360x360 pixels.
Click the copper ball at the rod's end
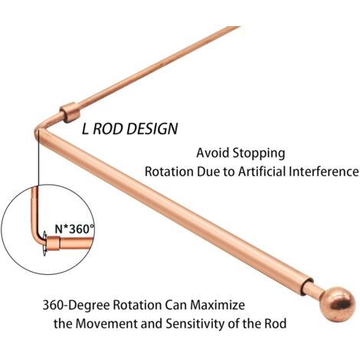tap(338, 304)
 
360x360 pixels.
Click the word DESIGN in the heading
tap(152, 129)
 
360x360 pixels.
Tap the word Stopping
tap(259, 154)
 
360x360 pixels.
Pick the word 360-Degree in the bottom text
tap(77, 306)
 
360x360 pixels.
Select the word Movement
tap(106, 324)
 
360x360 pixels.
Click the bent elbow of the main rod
tap(40, 132)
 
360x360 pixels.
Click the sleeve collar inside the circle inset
tap(54, 244)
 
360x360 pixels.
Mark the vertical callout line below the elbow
tap(38, 159)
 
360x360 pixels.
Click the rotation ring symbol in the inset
tap(44, 244)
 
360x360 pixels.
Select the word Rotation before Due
tap(169, 172)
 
